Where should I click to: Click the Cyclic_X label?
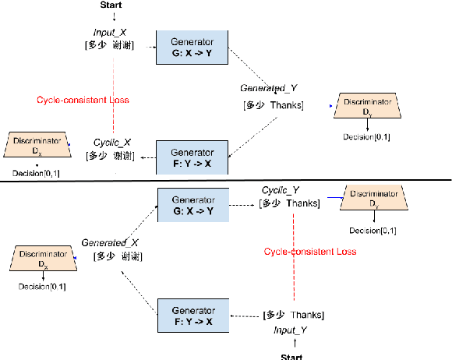coord(113,143)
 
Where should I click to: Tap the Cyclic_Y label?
coord(281,189)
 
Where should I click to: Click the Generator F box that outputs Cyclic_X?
coord(192,157)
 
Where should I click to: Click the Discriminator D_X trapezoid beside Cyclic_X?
coord(37,146)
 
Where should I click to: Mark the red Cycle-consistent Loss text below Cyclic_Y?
coord(309,252)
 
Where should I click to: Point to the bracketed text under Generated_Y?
coord(273,105)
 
